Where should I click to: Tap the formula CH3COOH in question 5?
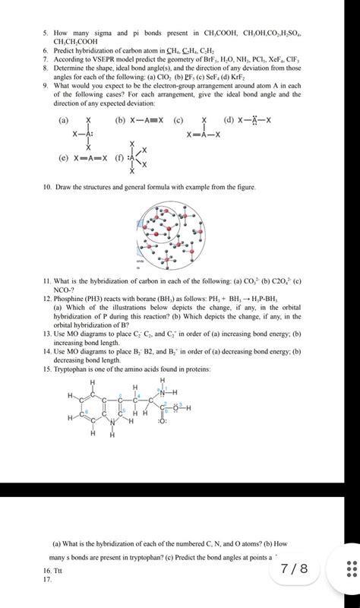(216, 33)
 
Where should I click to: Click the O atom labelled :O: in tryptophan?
(162, 420)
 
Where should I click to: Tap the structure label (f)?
(118, 159)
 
